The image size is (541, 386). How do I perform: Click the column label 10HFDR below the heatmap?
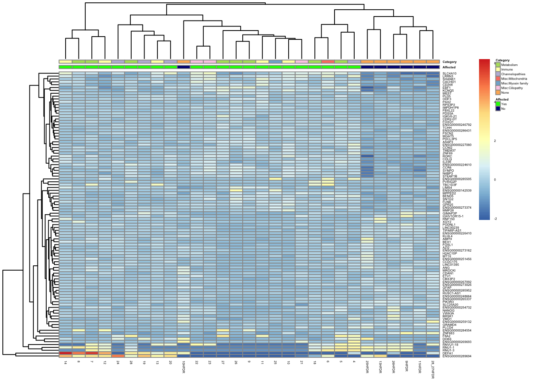point(184,367)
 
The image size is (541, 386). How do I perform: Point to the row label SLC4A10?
point(450,74)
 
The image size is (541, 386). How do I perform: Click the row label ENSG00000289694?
point(457,356)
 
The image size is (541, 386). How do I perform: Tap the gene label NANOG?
point(448,310)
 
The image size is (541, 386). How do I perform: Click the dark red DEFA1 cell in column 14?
point(65,353)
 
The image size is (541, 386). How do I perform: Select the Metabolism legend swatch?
point(498,65)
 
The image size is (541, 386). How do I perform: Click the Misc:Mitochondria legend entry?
point(512,79)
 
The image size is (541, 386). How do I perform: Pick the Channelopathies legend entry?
point(513,74)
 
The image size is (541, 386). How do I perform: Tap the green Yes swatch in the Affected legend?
point(498,104)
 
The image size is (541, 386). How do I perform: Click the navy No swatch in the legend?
point(498,109)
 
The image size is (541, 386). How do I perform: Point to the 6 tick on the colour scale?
point(495,63)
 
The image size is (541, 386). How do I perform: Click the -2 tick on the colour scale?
point(495,219)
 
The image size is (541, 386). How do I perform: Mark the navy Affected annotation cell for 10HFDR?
point(184,67)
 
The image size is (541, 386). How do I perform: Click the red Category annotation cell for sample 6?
point(328,62)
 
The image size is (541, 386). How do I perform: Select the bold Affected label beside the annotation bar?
point(449,67)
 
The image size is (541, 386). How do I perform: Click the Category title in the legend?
point(502,60)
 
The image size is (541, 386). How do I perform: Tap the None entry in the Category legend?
point(505,92)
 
